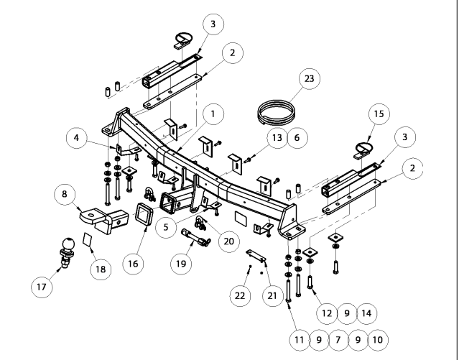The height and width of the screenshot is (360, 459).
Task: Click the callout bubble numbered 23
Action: point(309,79)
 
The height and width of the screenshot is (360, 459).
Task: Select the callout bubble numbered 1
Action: point(213,114)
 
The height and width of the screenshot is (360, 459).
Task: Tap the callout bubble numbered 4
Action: point(77,138)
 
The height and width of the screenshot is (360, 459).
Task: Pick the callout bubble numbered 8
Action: point(65,194)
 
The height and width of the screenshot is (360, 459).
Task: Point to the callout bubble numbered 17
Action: point(42,287)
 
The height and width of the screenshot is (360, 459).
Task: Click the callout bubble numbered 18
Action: point(101,269)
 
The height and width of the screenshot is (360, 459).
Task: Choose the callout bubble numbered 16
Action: point(133,264)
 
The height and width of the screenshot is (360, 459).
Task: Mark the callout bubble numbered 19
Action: point(181,264)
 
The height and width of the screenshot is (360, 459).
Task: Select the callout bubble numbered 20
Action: point(229,241)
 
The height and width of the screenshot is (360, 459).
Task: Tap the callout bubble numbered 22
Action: point(240,296)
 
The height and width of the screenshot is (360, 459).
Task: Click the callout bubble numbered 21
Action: point(272,296)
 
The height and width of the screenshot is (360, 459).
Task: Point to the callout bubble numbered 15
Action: point(379,114)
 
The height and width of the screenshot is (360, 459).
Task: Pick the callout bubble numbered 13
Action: point(277,138)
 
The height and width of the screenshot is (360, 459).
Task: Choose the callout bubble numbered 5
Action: point(166,227)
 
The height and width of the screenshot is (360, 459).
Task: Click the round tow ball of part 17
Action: point(68,244)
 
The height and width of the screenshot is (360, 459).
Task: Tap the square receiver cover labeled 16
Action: point(144,213)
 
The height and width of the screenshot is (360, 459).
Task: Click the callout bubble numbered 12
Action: point(327,313)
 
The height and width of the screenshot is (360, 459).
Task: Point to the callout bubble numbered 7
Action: point(338,340)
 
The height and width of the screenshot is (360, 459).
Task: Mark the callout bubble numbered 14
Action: point(366,313)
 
